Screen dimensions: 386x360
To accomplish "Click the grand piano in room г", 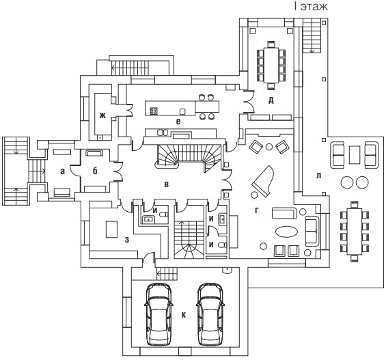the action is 263,181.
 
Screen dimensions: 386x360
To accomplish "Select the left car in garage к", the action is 158,314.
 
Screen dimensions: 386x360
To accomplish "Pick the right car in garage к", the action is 210,314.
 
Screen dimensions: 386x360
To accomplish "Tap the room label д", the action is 271,100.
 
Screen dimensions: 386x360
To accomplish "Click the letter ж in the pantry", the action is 102,115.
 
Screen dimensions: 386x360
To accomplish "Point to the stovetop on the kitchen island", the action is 154,111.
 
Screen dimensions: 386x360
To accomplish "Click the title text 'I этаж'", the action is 311,6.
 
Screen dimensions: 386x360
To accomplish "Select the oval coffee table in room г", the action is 286,232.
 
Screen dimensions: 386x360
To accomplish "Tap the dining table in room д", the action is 271,65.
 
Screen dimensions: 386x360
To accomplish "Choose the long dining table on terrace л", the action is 355,232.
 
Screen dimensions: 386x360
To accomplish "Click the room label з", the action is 127,240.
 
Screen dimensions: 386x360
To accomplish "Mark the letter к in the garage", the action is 184,315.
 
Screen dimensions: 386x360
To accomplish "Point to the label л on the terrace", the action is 319,176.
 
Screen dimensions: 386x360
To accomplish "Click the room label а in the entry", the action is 63,171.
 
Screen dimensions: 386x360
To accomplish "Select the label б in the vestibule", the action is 95,171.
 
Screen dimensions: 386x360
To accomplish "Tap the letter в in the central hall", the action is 167,184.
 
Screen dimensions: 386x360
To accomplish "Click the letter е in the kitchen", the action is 178,122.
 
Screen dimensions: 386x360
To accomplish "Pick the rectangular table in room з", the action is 111,229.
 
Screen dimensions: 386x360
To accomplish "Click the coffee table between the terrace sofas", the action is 355,155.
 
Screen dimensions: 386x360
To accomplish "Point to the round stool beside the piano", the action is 254,195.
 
